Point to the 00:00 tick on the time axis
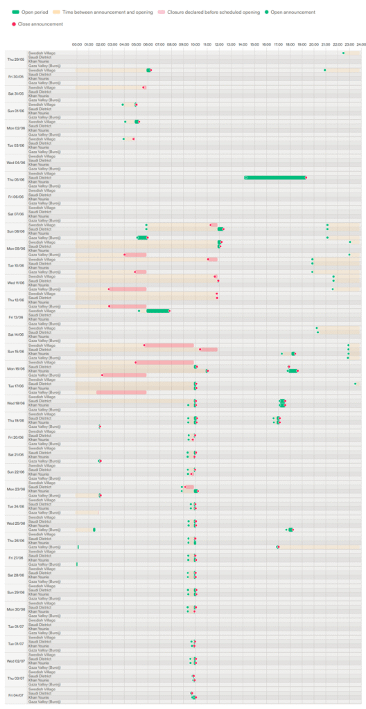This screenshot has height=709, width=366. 76,46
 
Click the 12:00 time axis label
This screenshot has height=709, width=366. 218,46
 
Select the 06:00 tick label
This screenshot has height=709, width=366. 148,46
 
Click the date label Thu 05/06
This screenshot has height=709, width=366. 15,179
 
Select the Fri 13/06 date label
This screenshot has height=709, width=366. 15,317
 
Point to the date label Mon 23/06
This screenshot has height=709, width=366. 15,489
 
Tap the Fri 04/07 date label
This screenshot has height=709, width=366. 15,694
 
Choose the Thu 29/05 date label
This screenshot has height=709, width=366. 15,59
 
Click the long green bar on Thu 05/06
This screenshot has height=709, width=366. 275,177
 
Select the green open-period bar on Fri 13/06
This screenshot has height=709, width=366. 158,311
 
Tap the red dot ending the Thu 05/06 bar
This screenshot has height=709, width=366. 306,177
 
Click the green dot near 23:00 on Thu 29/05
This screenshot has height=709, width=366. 343,53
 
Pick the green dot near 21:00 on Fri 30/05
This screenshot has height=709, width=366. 324,70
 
